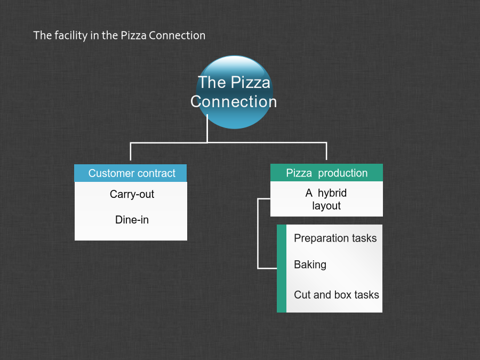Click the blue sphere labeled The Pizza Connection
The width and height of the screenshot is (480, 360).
click(x=235, y=92)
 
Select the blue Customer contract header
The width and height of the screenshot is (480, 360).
click(x=131, y=173)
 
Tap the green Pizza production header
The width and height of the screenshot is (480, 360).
click(x=326, y=173)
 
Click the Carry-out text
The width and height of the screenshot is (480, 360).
click(x=132, y=194)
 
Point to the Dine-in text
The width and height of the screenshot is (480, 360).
click(x=132, y=220)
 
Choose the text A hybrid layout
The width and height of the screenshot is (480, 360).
click(x=326, y=199)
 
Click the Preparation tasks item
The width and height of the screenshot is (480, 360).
click(x=335, y=238)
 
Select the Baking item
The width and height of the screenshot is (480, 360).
click(x=310, y=265)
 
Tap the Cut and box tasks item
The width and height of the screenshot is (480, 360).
click(x=337, y=295)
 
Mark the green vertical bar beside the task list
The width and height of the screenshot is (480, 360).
click(x=282, y=268)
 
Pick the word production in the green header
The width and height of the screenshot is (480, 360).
click(x=342, y=173)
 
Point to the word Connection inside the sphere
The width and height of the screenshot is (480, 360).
click(x=234, y=102)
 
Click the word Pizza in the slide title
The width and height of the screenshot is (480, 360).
click(x=133, y=36)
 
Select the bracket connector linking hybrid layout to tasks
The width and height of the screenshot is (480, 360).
click(x=258, y=234)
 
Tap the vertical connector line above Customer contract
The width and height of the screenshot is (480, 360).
click(x=131, y=151)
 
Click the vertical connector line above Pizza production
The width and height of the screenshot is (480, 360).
click(x=326, y=151)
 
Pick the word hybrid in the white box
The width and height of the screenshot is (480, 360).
click(x=332, y=193)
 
